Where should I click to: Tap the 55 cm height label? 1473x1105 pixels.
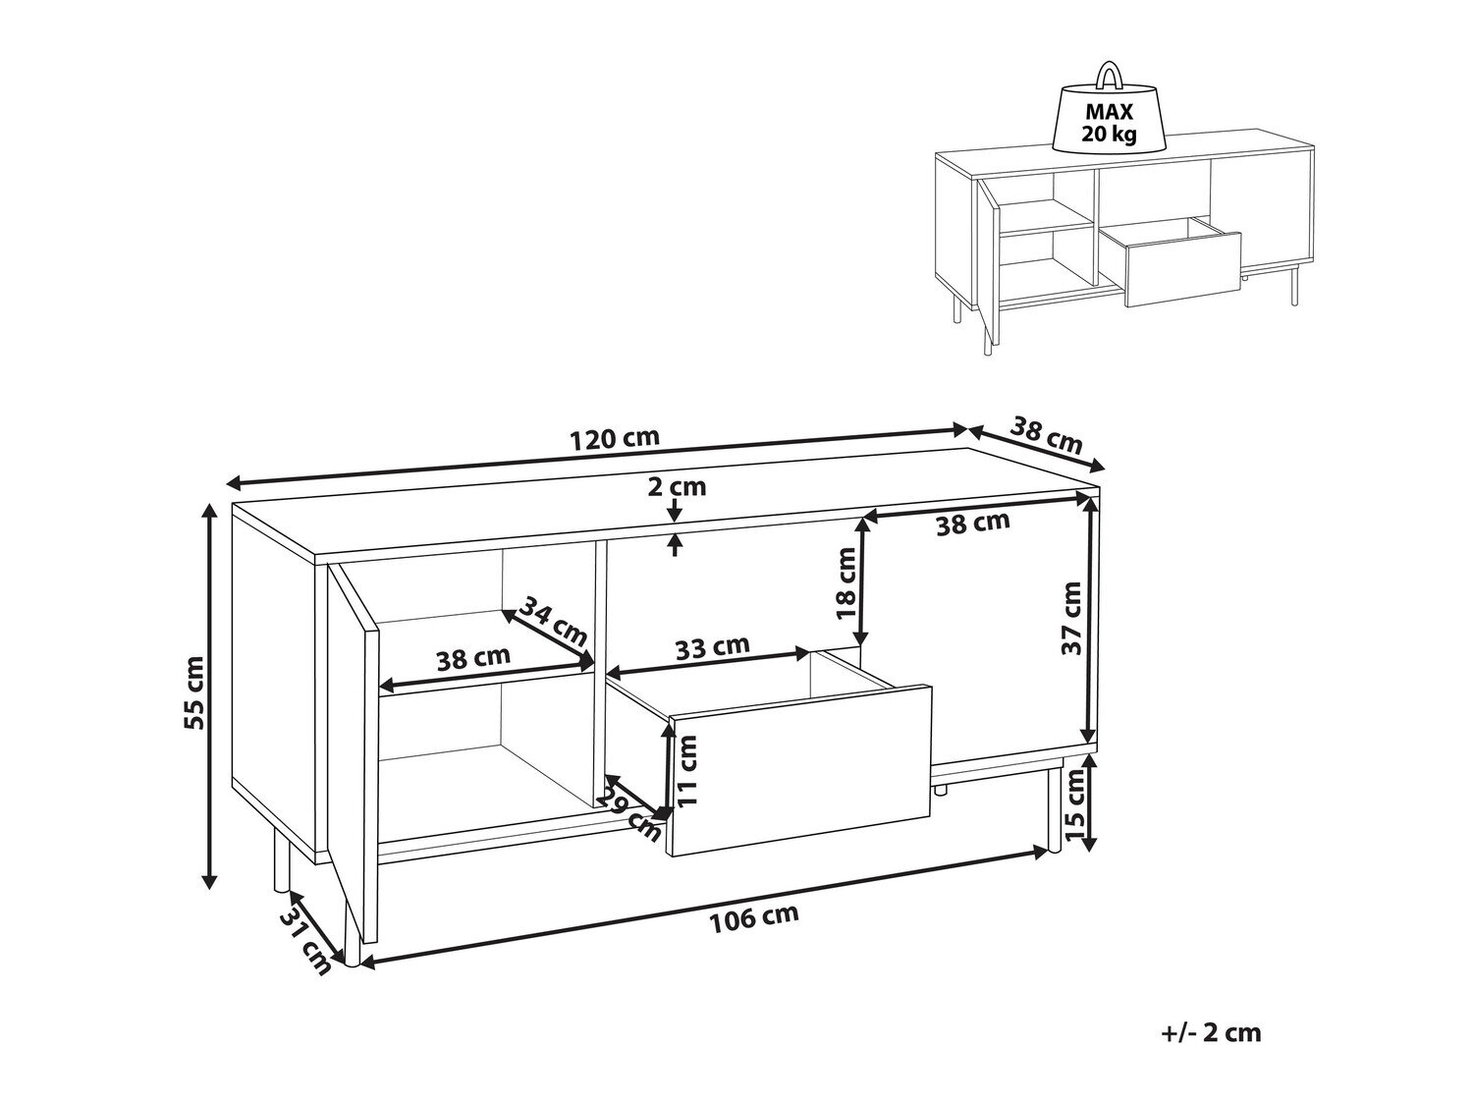pos(194,692)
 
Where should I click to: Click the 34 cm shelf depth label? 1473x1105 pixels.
pos(554,621)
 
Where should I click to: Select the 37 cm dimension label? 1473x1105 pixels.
pos(1072,618)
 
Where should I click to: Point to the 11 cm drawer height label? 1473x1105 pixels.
pos(687,769)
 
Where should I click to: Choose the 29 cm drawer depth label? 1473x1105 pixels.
pos(628,816)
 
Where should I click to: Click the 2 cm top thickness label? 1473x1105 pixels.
pos(677,486)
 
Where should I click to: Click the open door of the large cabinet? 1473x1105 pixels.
pos(353,751)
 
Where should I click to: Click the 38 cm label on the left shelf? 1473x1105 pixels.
pos(473,658)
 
